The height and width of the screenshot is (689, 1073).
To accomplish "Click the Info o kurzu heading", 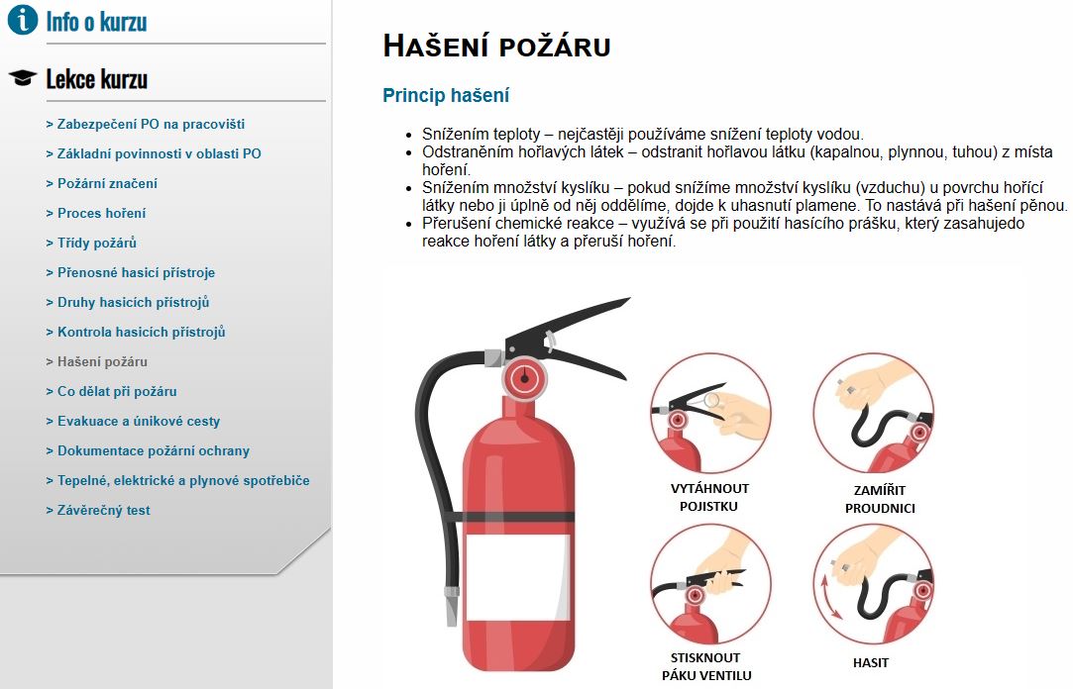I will [96, 21].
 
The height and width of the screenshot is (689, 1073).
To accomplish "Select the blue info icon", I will [22, 20].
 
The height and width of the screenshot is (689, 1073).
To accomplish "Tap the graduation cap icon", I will [22, 78].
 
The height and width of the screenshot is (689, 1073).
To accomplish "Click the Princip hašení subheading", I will [446, 96].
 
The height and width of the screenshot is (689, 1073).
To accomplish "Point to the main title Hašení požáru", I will [496, 46].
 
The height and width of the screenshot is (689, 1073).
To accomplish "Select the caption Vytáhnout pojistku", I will [709, 497].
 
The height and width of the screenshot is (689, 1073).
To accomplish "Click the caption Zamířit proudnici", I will [880, 499].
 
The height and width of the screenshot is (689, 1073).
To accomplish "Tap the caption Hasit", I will [871, 662].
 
